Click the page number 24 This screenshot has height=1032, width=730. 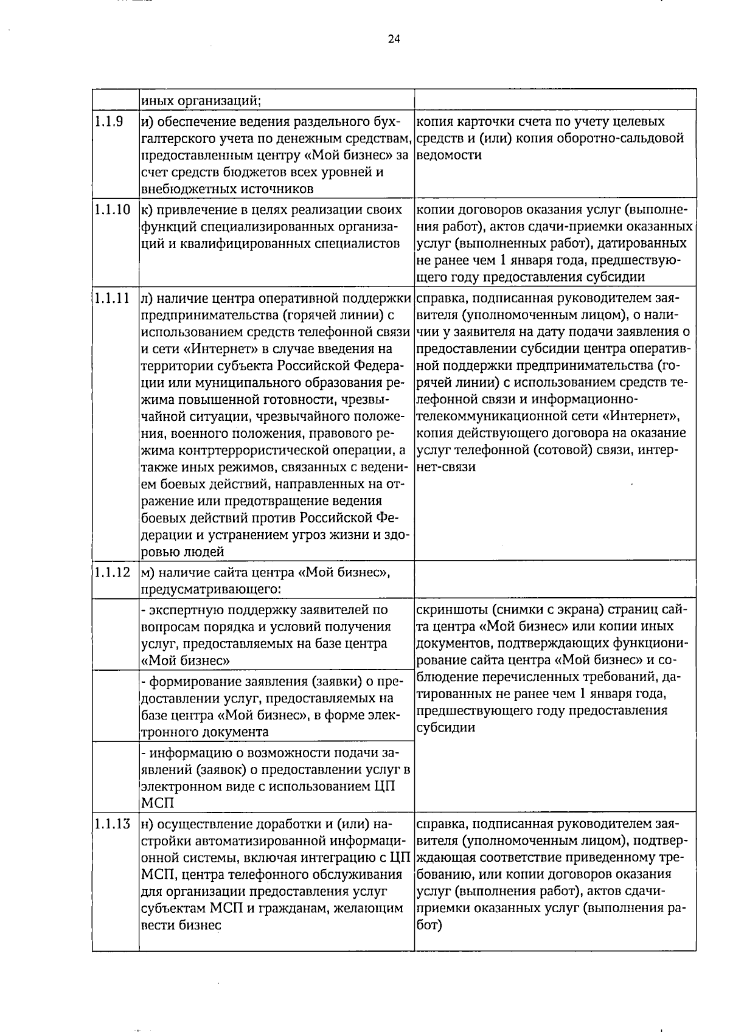[394, 40]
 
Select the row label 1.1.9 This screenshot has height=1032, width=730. [109, 122]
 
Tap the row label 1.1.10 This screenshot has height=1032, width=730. [113, 210]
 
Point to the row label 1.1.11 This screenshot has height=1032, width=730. [113, 299]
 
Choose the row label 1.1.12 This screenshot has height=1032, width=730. [113, 572]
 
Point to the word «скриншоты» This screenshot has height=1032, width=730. [453, 609]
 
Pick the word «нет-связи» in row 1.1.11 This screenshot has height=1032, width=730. [447, 467]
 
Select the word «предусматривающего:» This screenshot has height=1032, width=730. [211, 589]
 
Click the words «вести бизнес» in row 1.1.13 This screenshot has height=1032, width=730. [181, 926]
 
